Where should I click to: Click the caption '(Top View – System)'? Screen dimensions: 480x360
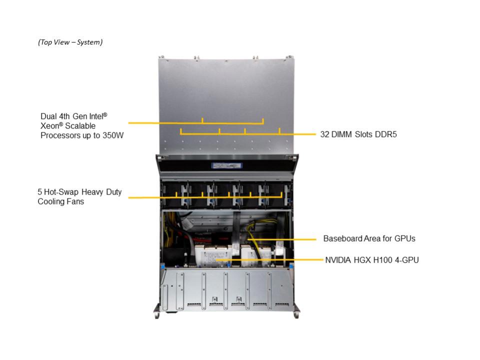70,42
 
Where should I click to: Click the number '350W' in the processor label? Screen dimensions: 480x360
113,135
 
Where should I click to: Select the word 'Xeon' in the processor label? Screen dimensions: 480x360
49,126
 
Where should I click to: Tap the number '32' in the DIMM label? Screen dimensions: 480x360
324,134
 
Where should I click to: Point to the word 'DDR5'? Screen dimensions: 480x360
386,134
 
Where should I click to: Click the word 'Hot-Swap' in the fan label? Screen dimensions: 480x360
61,192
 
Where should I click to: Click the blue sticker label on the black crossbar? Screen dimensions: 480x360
227,165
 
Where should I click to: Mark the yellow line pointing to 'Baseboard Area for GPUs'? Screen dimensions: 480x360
281,239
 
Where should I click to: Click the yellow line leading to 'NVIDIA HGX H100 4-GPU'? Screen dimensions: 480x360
269,260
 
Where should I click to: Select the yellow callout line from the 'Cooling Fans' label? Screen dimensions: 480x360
205,197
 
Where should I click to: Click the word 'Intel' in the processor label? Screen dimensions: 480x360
96,116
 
